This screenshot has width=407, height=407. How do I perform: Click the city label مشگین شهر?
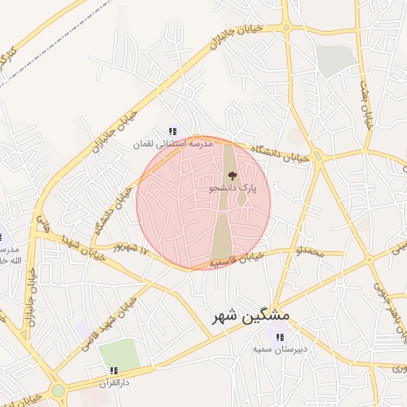(x=250, y=317)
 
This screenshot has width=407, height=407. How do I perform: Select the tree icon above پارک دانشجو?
(x=231, y=176)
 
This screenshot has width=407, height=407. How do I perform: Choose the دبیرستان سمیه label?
(x=280, y=348)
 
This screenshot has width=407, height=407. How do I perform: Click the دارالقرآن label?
(x=113, y=382)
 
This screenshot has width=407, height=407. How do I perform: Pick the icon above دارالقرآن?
(x=113, y=370)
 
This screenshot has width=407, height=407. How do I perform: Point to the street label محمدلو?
(x=310, y=253)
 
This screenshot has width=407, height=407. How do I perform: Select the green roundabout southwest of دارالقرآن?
(x=57, y=390)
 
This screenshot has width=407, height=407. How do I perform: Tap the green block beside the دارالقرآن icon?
(x=119, y=354)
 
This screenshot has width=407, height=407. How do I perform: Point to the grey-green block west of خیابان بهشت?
(x=335, y=60)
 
